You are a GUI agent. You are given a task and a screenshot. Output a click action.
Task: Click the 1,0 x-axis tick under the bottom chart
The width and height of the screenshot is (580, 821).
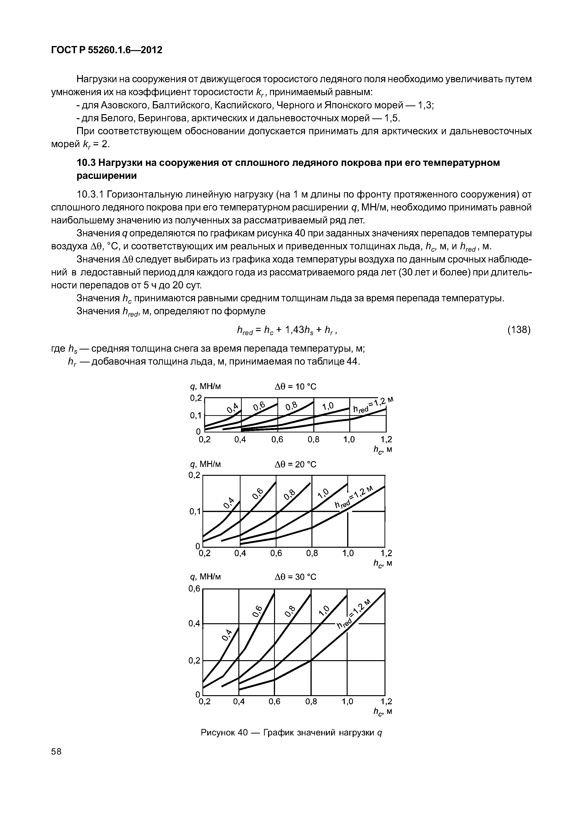pos(348,702)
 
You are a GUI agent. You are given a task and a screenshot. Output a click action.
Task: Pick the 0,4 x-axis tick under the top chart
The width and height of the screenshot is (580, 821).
pos(240,439)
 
